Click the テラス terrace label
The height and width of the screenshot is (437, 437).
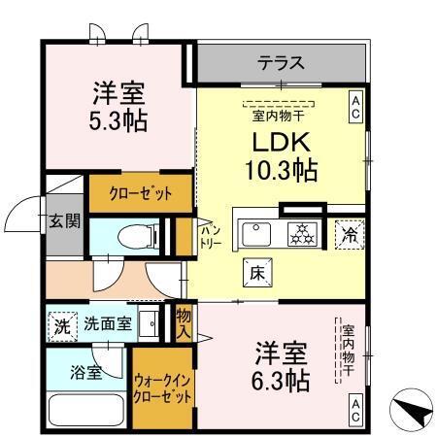pyautogui.click(x=281, y=64)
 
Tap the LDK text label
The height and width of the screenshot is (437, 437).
pyautogui.click(x=280, y=142)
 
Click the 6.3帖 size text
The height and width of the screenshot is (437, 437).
pyautogui.click(x=283, y=378)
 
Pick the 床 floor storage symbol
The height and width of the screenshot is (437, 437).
pyautogui.click(x=258, y=272)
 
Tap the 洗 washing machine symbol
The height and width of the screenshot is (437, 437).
pyautogui.click(x=62, y=325)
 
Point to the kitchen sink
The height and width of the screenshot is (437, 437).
pyautogui.click(x=258, y=233)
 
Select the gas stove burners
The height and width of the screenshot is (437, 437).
pyautogui.click(x=302, y=233)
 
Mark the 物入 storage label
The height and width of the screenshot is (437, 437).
pyautogui.click(x=183, y=321)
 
